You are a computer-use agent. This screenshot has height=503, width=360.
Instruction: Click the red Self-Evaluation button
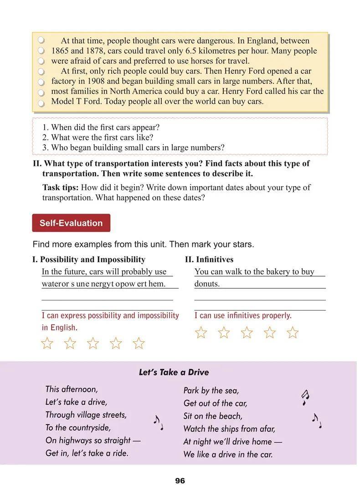coord(71,223)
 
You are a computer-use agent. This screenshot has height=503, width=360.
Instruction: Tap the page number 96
coord(180,481)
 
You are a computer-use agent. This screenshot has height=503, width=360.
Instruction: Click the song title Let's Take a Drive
coord(174,372)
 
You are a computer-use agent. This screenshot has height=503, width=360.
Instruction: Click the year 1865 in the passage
coord(61,51)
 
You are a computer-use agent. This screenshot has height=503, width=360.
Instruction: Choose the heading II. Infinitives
coord(209,260)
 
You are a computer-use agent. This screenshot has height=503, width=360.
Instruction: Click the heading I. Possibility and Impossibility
coord(89,260)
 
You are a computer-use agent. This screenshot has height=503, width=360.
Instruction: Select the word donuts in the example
coord(207,284)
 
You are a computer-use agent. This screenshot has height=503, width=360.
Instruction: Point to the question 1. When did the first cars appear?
coord(101,128)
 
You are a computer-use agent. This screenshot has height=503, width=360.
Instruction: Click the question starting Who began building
coord(133,148)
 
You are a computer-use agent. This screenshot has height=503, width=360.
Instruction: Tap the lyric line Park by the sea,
coord(211,390)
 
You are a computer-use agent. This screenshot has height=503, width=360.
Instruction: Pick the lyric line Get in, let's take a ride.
coord(87,453)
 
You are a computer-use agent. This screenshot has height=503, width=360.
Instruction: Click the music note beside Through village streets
coord(158,423)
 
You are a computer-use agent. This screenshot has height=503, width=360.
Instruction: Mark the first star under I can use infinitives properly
coord(201,333)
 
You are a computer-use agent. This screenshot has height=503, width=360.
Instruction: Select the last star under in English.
coord(139,343)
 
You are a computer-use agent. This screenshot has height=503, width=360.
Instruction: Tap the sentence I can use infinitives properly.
coord(243,315)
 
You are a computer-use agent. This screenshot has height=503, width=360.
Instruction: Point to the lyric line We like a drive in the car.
coord(228,454)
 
